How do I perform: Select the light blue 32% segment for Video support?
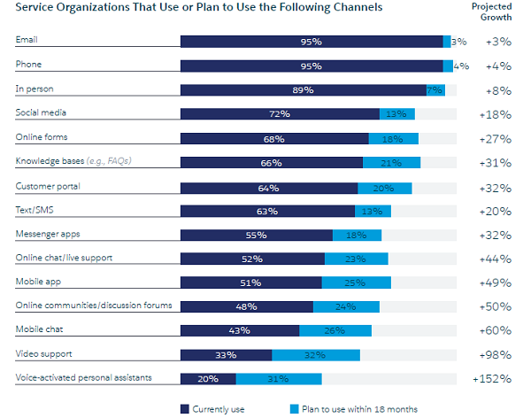[316, 354]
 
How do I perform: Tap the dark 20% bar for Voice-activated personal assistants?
[208, 378]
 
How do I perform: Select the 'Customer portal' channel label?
[48, 186]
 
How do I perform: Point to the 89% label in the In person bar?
[303, 89]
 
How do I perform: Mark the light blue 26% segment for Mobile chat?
[335, 330]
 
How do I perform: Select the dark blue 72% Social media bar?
[280, 113]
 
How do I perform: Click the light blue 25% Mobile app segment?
[354, 283]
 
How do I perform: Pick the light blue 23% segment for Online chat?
[357, 259]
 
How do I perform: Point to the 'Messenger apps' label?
[47, 234]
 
